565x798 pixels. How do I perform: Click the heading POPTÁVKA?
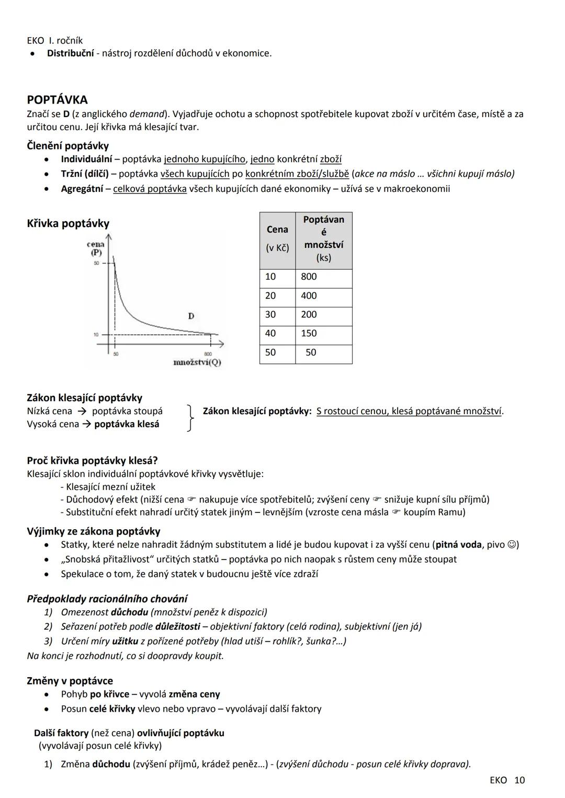[57, 100]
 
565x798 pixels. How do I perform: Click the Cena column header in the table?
[277, 238]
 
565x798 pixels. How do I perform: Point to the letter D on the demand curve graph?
[191, 316]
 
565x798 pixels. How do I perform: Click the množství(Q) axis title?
[197, 362]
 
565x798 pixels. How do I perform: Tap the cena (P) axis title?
[96, 248]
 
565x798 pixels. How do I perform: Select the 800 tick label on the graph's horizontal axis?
[208, 354]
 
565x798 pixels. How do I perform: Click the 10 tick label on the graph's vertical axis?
[96, 335]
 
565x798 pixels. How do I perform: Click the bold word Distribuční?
[71, 53]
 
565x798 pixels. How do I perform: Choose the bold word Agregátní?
[82, 189]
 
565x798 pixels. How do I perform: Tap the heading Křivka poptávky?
[68, 224]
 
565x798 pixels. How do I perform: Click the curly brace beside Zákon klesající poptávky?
[191, 417]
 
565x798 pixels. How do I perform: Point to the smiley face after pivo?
[514, 545]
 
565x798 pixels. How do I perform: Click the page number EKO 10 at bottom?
[507, 780]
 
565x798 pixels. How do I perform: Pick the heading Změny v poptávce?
[70, 681]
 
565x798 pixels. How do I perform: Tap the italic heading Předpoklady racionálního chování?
[107, 599]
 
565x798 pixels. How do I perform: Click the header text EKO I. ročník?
[54, 41]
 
